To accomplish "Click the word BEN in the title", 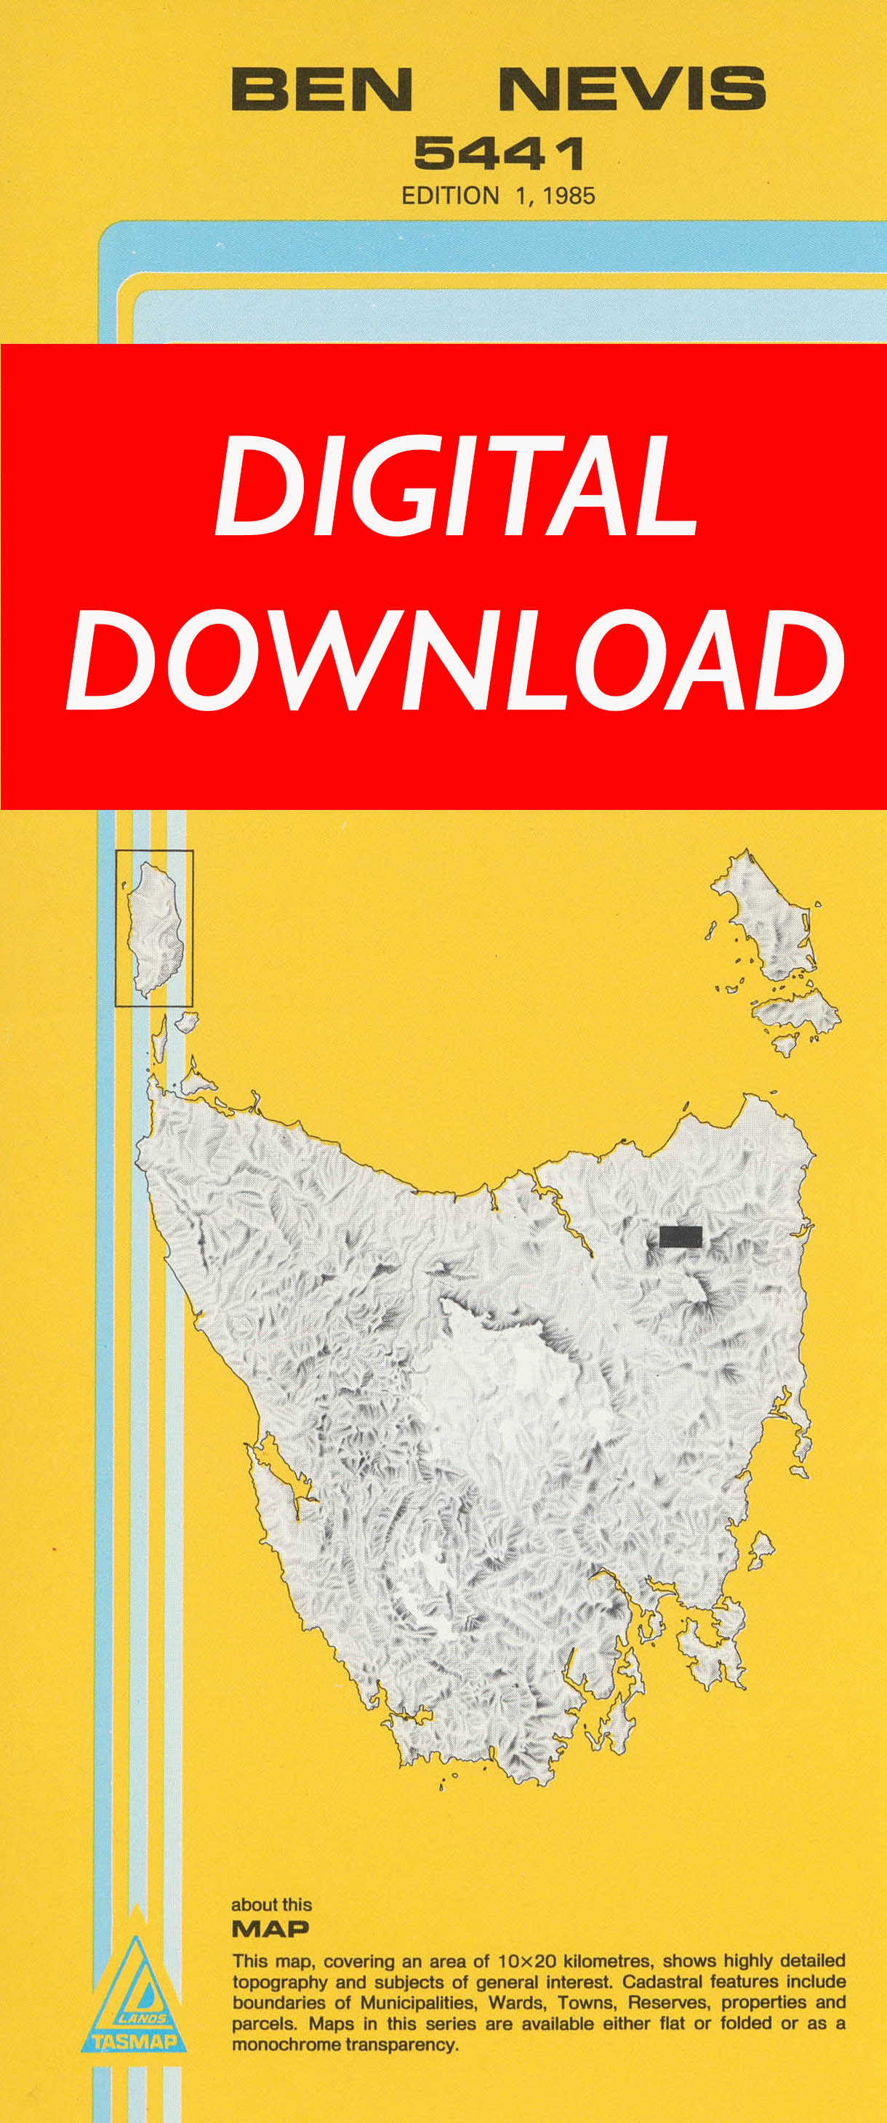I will tap(321, 89).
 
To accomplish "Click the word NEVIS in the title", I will tap(633, 89).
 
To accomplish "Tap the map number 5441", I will tap(499, 153).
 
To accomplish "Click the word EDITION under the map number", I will tap(450, 196).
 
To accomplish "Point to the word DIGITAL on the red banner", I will tap(456, 486).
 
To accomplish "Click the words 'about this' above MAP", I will tap(271, 1905).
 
